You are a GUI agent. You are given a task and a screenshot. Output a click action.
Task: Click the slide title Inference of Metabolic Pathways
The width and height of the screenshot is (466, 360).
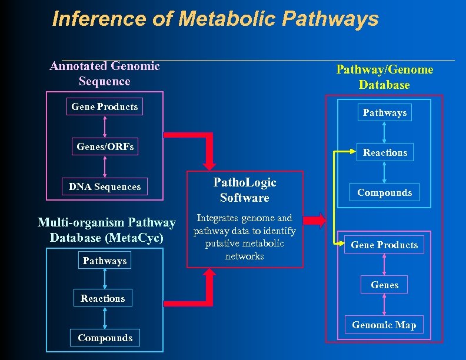(215, 19)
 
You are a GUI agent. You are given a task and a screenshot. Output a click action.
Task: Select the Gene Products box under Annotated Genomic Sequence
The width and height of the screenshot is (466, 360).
(105, 106)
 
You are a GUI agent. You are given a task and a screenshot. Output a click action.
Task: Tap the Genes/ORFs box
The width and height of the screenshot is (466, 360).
(105, 146)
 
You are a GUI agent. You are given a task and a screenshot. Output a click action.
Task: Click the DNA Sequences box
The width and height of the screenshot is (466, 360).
(105, 186)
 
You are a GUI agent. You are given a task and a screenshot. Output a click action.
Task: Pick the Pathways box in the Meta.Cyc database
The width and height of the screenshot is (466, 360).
(105, 261)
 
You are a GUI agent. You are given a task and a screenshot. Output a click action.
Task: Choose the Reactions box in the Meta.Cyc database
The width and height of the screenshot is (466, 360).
(103, 298)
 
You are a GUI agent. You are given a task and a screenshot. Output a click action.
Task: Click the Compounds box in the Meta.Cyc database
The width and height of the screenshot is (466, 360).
(105, 338)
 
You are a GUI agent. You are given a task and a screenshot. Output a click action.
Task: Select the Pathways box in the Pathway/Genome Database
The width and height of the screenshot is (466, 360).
(385, 112)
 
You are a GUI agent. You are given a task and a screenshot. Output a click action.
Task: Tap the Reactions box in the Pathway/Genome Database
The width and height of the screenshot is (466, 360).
(385, 152)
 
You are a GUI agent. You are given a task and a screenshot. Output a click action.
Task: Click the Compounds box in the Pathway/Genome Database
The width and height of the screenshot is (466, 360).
(385, 192)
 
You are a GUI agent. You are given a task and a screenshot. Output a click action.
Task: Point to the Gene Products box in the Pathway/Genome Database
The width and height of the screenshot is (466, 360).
(384, 245)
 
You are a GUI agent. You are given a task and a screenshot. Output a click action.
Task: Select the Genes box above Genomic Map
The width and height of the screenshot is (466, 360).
(385, 285)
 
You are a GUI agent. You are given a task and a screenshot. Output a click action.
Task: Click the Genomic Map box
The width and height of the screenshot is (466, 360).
(384, 325)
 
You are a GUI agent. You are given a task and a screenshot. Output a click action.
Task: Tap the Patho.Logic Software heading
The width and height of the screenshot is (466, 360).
(245, 190)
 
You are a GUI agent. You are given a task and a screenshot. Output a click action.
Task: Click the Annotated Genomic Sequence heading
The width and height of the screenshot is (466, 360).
(105, 74)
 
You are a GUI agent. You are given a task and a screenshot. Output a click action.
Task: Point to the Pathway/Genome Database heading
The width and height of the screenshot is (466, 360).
(385, 77)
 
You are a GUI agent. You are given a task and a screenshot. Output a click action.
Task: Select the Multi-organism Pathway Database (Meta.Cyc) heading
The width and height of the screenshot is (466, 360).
(106, 230)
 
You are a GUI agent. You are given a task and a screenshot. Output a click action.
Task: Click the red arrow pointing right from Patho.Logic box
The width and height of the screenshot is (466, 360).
(315, 221)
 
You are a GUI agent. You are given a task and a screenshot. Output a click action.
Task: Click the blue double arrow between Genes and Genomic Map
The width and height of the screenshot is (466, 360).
(385, 305)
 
